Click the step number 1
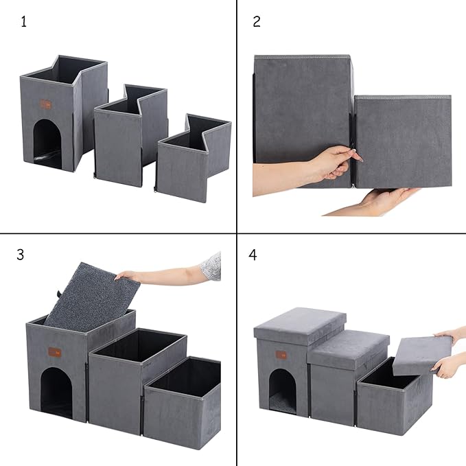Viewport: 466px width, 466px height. pyautogui.click(x=24, y=21)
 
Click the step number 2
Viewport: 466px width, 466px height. pyautogui.click(x=257, y=21)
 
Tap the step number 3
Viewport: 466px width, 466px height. pyautogui.click(x=21, y=255)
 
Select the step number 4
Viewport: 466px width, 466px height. pyautogui.click(x=253, y=255)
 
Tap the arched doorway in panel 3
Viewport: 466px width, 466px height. pyautogui.click(x=56, y=392)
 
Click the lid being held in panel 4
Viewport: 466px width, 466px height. pyautogui.click(x=417, y=354)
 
